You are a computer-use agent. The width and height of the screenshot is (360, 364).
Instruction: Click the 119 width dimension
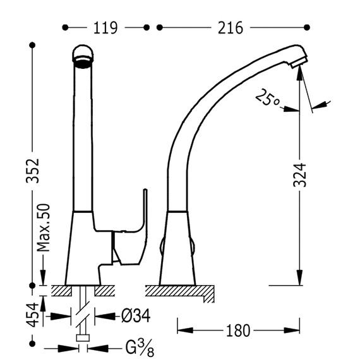click(105, 28)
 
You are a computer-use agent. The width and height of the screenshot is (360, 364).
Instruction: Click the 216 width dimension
click(231, 28)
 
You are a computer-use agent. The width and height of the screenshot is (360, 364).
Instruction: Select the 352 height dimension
click(32, 171)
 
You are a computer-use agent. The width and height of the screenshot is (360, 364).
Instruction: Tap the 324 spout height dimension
click(300, 174)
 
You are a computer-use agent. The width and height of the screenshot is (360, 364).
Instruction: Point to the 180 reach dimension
click(238, 331)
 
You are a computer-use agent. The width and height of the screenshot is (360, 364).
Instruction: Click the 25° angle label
click(267, 97)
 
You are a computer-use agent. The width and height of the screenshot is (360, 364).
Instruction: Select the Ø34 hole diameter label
click(136, 316)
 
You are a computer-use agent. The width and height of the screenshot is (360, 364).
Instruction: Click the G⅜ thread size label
click(140, 348)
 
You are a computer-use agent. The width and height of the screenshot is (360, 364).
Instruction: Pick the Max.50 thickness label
click(44, 227)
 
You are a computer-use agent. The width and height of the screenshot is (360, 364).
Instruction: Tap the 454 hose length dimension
click(32, 315)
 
